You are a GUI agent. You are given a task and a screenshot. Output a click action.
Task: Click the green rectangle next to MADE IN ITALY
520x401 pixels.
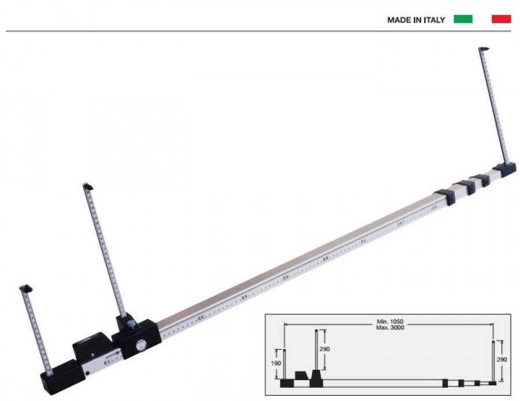[463, 19]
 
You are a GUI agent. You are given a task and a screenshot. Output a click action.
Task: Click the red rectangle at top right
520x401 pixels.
[501, 19]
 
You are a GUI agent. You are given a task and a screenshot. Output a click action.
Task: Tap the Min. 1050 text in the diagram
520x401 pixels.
[388, 321]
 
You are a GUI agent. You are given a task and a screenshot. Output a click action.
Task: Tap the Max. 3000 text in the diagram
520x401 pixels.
[388, 328]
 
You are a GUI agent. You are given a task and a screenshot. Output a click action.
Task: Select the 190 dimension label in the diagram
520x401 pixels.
[277, 363]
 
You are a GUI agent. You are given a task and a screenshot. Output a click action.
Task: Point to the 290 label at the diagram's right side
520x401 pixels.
[501, 359]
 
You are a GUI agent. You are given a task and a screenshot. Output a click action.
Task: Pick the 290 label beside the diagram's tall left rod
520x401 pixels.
[325, 350]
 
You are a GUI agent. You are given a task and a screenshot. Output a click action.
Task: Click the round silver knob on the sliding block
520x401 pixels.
[140, 345]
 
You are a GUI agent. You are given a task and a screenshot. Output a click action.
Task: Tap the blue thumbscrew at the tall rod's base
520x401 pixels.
[131, 323]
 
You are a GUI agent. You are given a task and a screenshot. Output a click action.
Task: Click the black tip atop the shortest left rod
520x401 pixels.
[25, 288]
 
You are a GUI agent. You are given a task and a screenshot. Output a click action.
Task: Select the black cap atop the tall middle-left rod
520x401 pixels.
[88, 186]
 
